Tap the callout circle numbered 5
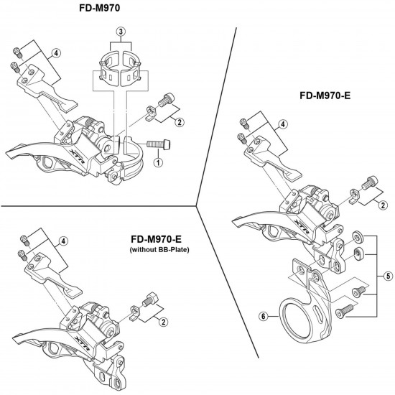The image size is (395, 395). (389, 275)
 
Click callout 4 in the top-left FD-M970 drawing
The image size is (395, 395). (57, 52)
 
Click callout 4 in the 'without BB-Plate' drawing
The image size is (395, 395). (65, 241)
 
